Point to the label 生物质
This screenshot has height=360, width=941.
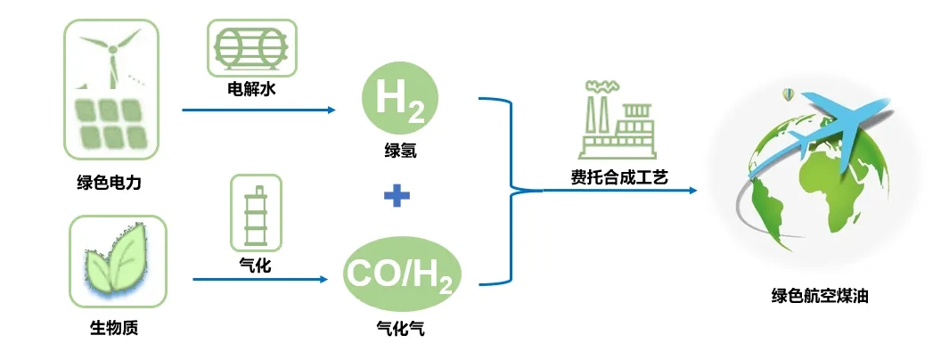[x=114, y=328]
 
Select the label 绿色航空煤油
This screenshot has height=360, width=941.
[x=819, y=295]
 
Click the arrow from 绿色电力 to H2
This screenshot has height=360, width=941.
[x=258, y=110]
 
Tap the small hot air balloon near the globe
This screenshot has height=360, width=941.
[x=786, y=94]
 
